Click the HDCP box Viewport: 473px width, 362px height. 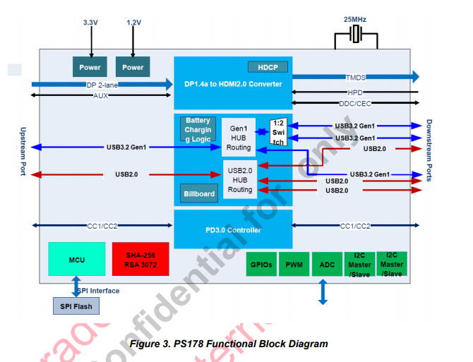(268, 67)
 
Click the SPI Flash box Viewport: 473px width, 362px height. (76, 306)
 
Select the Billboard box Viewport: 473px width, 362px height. (199, 194)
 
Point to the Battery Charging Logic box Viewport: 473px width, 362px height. (198, 130)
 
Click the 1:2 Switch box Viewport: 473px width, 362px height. (279, 132)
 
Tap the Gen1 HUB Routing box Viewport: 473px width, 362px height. (239, 137)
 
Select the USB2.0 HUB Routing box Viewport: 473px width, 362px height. (240, 180)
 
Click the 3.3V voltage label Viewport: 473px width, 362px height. (90, 23)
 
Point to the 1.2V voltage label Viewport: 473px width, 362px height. (133, 23)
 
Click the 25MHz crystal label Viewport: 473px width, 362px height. (355, 19)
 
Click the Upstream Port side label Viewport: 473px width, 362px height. (23, 152)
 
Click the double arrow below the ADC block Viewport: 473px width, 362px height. (323, 292)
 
